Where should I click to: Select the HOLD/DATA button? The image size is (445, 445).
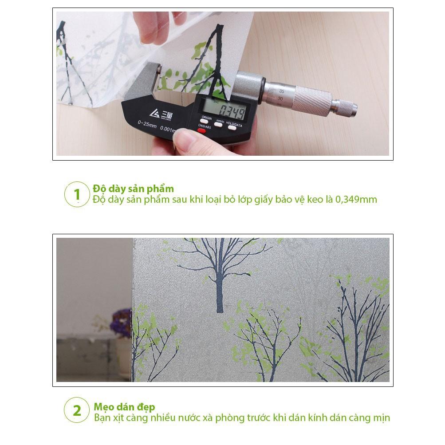(x=232, y=127)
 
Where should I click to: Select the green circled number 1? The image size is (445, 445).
(x=77, y=194)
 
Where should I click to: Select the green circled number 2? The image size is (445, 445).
(x=77, y=410)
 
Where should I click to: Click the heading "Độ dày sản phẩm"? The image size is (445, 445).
(x=133, y=189)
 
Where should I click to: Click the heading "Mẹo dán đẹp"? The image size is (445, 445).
(x=124, y=407)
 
